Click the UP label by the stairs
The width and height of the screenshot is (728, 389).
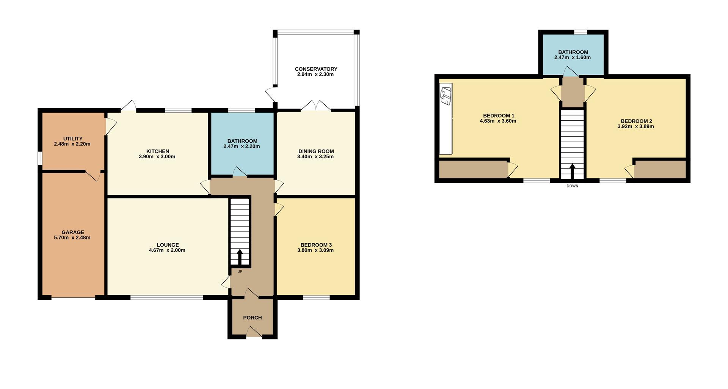pos(240,271)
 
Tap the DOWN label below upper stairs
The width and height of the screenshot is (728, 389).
pos(573,186)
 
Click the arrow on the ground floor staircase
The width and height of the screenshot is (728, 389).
pos(240,257)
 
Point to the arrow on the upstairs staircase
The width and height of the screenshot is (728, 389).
pos(572,171)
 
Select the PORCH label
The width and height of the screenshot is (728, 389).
pos(253,318)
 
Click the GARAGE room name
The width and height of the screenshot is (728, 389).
pos(73,232)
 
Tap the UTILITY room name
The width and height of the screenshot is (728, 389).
pos(73,139)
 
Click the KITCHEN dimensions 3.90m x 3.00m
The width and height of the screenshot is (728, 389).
pos(157,156)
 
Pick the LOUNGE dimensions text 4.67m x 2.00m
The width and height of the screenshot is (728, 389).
pos(167,250)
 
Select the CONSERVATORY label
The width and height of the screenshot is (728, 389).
pos(316,69)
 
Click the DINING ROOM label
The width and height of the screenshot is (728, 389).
pos(316,151)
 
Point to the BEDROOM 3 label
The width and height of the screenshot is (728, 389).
pos(316,245)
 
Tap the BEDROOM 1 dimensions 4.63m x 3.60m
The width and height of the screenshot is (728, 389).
pos(498,121)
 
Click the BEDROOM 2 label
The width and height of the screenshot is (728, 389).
pos(636,121)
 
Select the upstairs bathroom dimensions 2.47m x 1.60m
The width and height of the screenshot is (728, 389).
pos(573,58)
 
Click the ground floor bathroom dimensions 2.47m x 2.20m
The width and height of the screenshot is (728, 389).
pos(242,146)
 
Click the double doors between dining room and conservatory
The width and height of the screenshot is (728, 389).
pos(316,106)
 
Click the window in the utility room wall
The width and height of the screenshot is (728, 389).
pos(40,159)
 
